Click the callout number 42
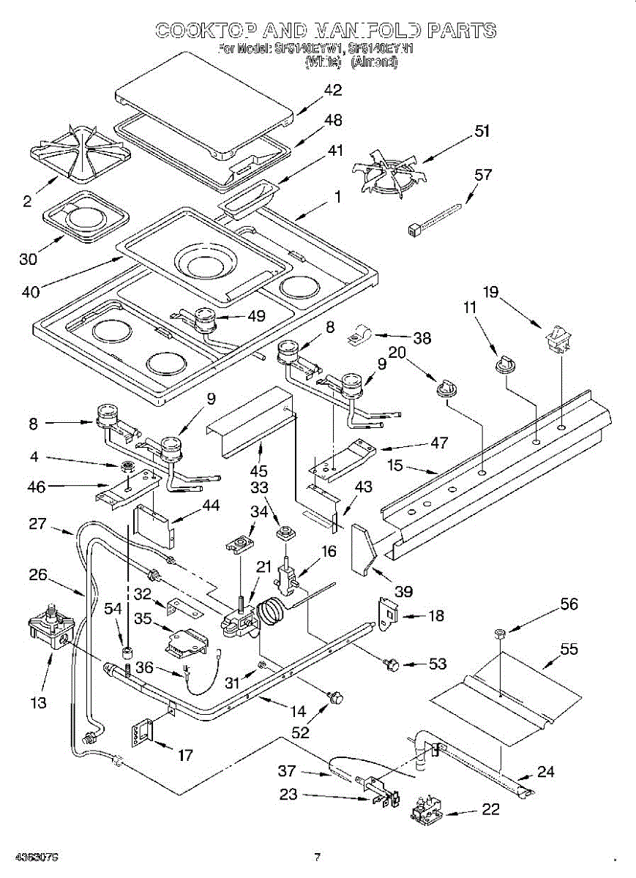(333, 90)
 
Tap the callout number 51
(481, 132)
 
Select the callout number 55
(568, 649)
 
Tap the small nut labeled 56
(499, 632)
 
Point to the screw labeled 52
(336, 697)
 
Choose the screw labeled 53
(391, 664)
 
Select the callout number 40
(30, 290)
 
